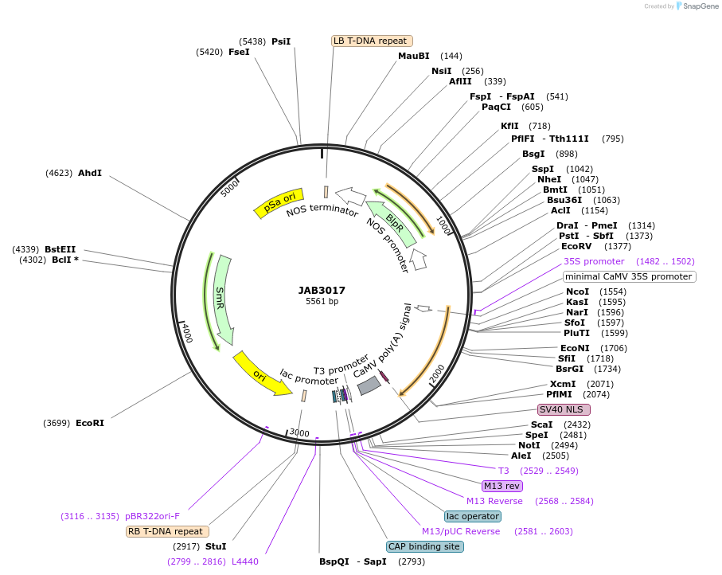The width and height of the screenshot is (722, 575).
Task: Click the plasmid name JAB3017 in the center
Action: (322, 290)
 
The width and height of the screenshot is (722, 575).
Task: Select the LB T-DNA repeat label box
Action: (372, 41)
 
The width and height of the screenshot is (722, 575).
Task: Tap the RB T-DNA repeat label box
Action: (167, 531)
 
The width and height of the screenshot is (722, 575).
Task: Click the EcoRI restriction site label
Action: (89, 423)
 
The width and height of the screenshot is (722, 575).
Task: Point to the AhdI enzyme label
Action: (89, 173)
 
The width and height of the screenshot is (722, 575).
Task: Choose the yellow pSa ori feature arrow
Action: (279, 204)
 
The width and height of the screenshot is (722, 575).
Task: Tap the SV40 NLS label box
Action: (564, 409)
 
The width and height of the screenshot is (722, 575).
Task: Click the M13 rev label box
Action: (501, 486)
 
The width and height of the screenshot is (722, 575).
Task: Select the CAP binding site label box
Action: (424, 546)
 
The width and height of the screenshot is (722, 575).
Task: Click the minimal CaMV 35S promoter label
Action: (629, 276)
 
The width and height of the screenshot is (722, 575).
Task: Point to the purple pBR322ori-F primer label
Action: (158, 516)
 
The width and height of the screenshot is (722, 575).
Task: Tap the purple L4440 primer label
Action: (244, 561)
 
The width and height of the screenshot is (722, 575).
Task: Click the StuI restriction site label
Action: (216, 546)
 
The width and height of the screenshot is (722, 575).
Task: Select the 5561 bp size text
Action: (322, 302)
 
